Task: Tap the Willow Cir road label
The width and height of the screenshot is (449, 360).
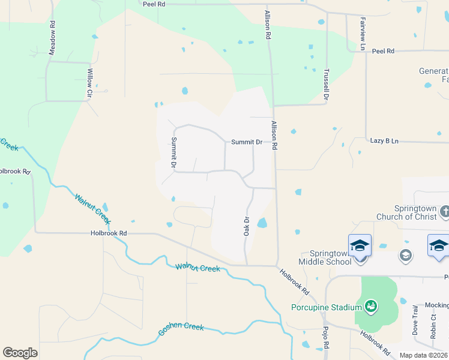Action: (x=89, y=83)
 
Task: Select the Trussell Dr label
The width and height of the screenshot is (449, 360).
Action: (x=327, y=84)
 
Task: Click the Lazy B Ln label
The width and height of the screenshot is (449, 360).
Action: (x=385, y=141)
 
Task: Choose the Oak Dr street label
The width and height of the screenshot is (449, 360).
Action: (x=246, y=226)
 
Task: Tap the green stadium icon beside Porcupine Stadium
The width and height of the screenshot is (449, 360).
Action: (x=372, y=307)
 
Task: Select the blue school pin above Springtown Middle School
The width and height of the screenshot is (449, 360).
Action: (x=360, y=246)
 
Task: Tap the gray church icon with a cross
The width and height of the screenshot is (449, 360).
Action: (x=445, y=211)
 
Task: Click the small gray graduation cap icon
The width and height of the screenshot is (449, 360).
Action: (x=406, y=256)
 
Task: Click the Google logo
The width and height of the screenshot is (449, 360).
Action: (x=20, y=353)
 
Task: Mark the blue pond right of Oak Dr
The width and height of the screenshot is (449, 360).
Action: (x=262, y=223)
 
